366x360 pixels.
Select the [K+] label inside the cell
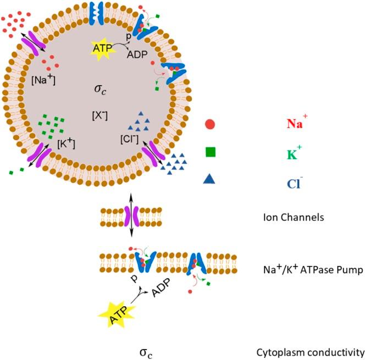point(66,143)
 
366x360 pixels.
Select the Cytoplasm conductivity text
point(310,351)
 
